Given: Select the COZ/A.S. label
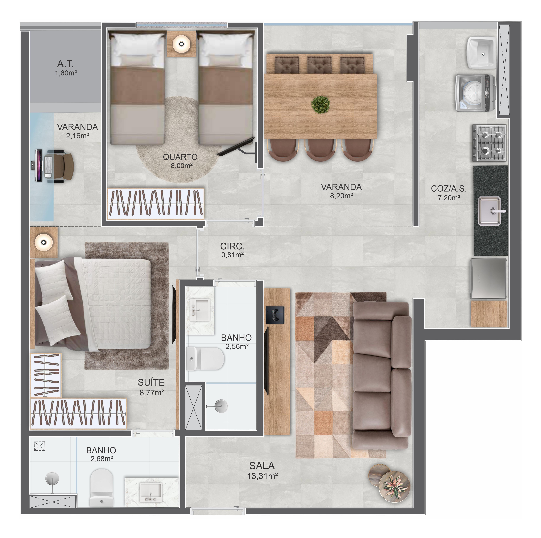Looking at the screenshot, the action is [449, 189].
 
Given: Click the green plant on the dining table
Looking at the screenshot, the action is [320, 105].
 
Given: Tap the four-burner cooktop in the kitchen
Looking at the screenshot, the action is [489, 143].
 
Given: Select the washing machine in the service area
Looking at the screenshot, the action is [475, 93].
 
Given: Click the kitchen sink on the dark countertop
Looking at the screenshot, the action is [489, 211].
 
